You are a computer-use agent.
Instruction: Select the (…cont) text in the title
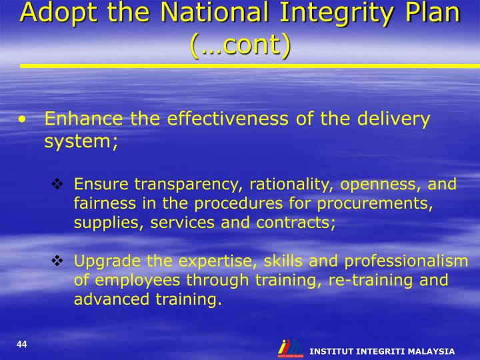240,45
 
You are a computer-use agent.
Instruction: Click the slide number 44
22,344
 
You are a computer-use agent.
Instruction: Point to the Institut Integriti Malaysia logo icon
290,348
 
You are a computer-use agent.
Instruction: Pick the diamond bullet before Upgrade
57,261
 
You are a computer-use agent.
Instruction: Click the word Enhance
84,119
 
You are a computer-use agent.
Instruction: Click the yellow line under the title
250,66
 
